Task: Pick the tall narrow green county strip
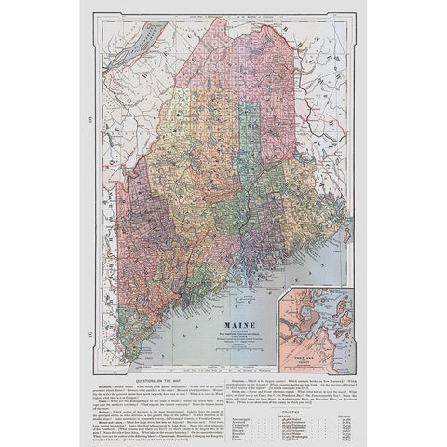point(248,130)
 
